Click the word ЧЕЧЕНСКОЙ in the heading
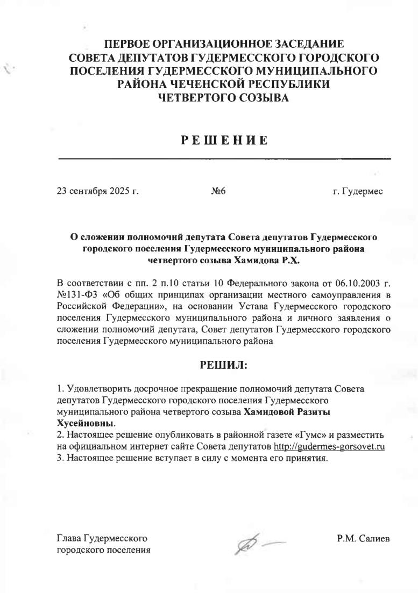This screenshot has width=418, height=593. (197, 84)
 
